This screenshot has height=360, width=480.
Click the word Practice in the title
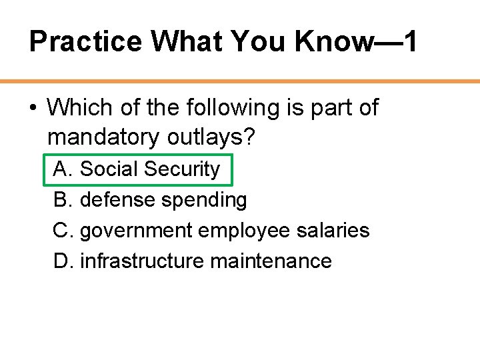[x=86, y=42]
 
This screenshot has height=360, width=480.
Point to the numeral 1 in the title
[x=410, y=42]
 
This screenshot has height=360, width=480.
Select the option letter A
[x=62, y=169]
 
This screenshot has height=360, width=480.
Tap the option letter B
[x=62, y=199]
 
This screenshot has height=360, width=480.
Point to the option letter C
[x=62, y=230]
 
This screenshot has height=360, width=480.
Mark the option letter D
[x=62, y=261]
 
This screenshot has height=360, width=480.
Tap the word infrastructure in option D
[x=142, y=261]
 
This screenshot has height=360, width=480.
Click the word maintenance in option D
[x=271, y=261]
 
